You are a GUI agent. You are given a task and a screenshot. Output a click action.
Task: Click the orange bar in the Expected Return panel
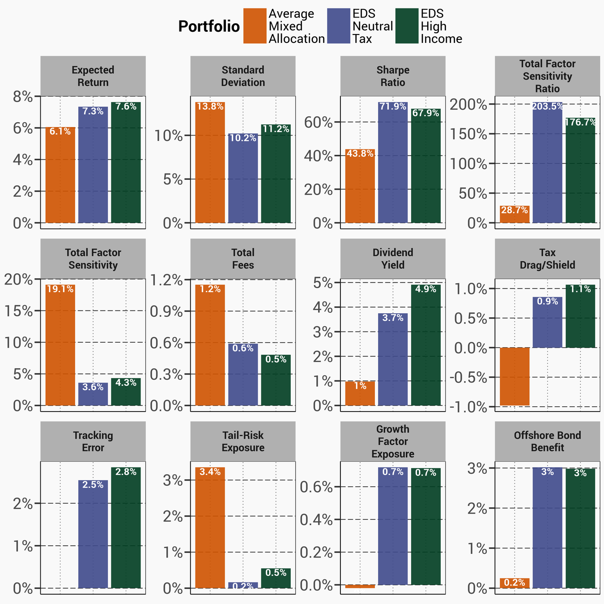pos(60,175)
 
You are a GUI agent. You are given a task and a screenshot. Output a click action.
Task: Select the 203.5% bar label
pos(548,106)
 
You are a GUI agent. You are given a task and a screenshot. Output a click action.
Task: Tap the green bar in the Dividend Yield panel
pos(425,345)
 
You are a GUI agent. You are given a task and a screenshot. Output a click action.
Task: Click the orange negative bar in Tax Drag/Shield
pos(515,376)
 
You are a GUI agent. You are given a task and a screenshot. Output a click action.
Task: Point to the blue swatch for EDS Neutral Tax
pos(339,26)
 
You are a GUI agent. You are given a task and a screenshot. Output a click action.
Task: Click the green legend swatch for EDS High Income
pos(407,26)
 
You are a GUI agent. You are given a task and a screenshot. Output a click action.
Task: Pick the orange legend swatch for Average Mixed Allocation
pos(255,26)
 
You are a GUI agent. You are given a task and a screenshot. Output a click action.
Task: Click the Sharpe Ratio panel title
pos(393,76)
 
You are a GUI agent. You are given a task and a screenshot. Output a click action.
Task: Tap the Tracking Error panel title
pos(93,442)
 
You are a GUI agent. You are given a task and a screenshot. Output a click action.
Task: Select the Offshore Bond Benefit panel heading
pos(547,442)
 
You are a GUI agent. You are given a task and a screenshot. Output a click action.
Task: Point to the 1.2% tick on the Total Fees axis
pos(166,280)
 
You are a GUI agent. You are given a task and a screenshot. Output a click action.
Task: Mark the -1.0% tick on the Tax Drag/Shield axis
pos(468,407)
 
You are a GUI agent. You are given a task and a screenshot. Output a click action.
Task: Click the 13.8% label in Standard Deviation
pos(210,106)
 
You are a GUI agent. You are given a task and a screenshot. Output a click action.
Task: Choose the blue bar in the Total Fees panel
pos(243,374)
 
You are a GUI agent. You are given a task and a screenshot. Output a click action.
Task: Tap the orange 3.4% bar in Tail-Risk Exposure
pos(210,528)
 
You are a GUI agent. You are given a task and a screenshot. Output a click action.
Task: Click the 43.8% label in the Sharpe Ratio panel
pos(360,153)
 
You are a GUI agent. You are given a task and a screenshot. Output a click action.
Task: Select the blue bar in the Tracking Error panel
pos(93,534)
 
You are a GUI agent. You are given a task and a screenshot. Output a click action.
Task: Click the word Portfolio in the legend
pos(209,27)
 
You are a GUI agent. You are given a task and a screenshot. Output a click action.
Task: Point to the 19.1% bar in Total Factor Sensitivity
pos(60,345)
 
